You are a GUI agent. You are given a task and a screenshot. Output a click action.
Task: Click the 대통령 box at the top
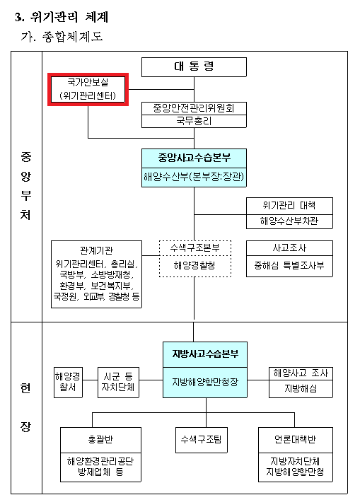(194, 67)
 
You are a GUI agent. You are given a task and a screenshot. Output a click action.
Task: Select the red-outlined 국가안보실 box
(88, 89)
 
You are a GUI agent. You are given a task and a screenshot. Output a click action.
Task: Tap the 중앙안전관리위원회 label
(194, 108)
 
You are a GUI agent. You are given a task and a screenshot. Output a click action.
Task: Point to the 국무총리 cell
(194, 121)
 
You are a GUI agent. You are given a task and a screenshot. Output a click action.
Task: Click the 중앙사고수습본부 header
(194, 158)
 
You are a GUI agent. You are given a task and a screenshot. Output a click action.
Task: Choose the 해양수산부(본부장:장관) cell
(194, 177)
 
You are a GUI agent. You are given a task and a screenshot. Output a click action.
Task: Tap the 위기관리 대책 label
(289, 206)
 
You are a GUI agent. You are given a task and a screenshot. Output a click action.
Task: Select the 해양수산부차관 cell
(289, 221)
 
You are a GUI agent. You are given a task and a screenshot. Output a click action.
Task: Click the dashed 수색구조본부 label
(194, 248)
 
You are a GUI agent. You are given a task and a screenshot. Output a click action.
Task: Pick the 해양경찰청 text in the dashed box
(194, 265)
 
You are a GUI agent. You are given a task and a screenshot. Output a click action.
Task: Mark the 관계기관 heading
(96, 250)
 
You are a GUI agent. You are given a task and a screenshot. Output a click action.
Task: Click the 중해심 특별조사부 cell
(289, 266)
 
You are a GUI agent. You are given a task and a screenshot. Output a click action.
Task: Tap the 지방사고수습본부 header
(205, 354)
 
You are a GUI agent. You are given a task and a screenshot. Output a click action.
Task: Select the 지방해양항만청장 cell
(205, 383)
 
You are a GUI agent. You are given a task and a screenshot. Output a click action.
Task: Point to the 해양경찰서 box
(68, 383)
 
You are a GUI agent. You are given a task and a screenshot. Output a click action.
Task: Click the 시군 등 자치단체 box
(118, 383)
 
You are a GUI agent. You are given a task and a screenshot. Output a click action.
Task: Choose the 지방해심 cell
(301, 389)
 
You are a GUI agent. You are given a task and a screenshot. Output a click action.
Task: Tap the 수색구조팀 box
(201, 440)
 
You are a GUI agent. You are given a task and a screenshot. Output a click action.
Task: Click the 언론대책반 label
(295, 440)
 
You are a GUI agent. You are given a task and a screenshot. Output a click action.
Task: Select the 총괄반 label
(100, 440)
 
